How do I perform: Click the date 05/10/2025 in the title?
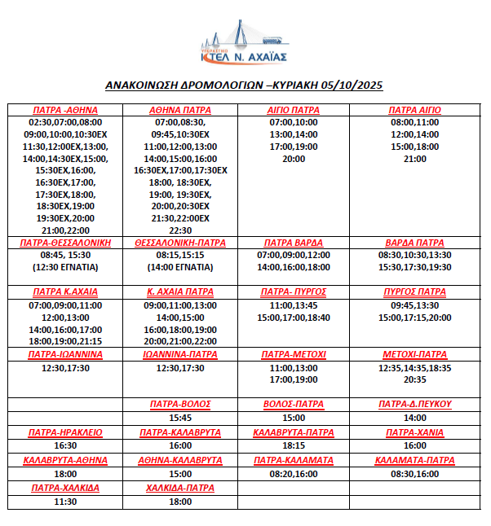[x=352, y=85]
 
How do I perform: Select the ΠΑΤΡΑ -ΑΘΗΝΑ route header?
[x=65, y=110]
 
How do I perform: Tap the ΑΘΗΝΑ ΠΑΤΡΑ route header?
[x=180, y=110]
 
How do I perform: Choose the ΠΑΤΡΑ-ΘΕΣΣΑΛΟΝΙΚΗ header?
[x=65, y=243]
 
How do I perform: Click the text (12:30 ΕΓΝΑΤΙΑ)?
[x=65, y=267]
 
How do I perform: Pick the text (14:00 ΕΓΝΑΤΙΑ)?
[x=180, y=267]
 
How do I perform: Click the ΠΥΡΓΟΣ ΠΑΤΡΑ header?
[x=414, y=291]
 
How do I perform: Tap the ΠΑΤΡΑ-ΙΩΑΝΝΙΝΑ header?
[x=65, y=355]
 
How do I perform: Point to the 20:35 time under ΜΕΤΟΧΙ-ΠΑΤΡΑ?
[x=414, y=379]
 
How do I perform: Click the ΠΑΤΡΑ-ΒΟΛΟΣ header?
[x=180, y=404]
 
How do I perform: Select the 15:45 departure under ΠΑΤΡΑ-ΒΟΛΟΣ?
[x=180, y=418]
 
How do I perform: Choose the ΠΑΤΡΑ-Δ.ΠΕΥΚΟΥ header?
[x=414, y=404]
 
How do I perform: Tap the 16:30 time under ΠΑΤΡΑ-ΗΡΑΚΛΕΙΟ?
[x=65, y=446]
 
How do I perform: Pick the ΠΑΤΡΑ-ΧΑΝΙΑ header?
[x=414, y=432]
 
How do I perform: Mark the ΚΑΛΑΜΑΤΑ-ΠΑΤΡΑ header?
[x=414, y=460]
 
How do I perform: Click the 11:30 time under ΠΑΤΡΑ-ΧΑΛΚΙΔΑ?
[x=65, y=502]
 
